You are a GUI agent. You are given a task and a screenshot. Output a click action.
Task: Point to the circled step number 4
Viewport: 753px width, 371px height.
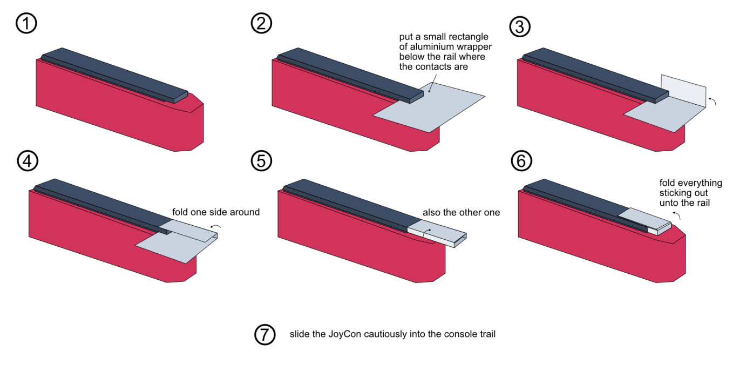26,160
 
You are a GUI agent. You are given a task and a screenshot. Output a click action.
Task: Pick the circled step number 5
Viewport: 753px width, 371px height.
262,160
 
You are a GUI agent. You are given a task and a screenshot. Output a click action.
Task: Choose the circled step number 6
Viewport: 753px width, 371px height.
520,160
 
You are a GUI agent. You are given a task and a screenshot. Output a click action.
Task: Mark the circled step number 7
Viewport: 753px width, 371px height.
264,334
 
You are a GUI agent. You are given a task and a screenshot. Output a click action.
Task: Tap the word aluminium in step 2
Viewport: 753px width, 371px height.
418,47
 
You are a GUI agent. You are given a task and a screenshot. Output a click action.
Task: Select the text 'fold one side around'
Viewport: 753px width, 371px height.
216,212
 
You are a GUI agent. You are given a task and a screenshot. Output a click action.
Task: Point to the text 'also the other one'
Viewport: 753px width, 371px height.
461,212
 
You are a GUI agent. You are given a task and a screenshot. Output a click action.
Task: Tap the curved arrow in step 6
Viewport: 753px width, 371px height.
676,216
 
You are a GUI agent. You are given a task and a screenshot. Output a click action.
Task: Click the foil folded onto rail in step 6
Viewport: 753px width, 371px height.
642,218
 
